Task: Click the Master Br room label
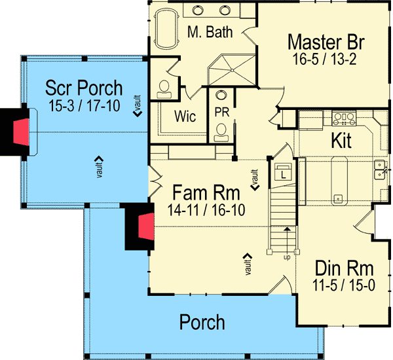coord(326,43)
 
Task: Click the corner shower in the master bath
coord(226,68)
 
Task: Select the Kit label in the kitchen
coord(342,141)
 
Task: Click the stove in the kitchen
coord(345,118)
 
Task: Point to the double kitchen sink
coord(379,172)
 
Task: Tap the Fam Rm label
coord(206,193)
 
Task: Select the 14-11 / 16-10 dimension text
coord(206,211)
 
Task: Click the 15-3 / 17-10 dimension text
coord(83,105)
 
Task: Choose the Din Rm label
coord(345,268)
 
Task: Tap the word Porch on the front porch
coord(202,322)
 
